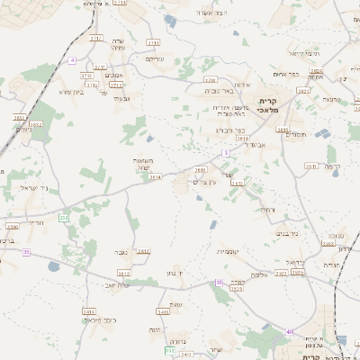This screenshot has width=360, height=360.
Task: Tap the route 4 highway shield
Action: [71, 60]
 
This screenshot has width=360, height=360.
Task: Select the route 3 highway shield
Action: [227, 152]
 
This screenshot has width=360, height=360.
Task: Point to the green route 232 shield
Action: [63, 218]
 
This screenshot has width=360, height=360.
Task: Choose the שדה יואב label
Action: [118, 284]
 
